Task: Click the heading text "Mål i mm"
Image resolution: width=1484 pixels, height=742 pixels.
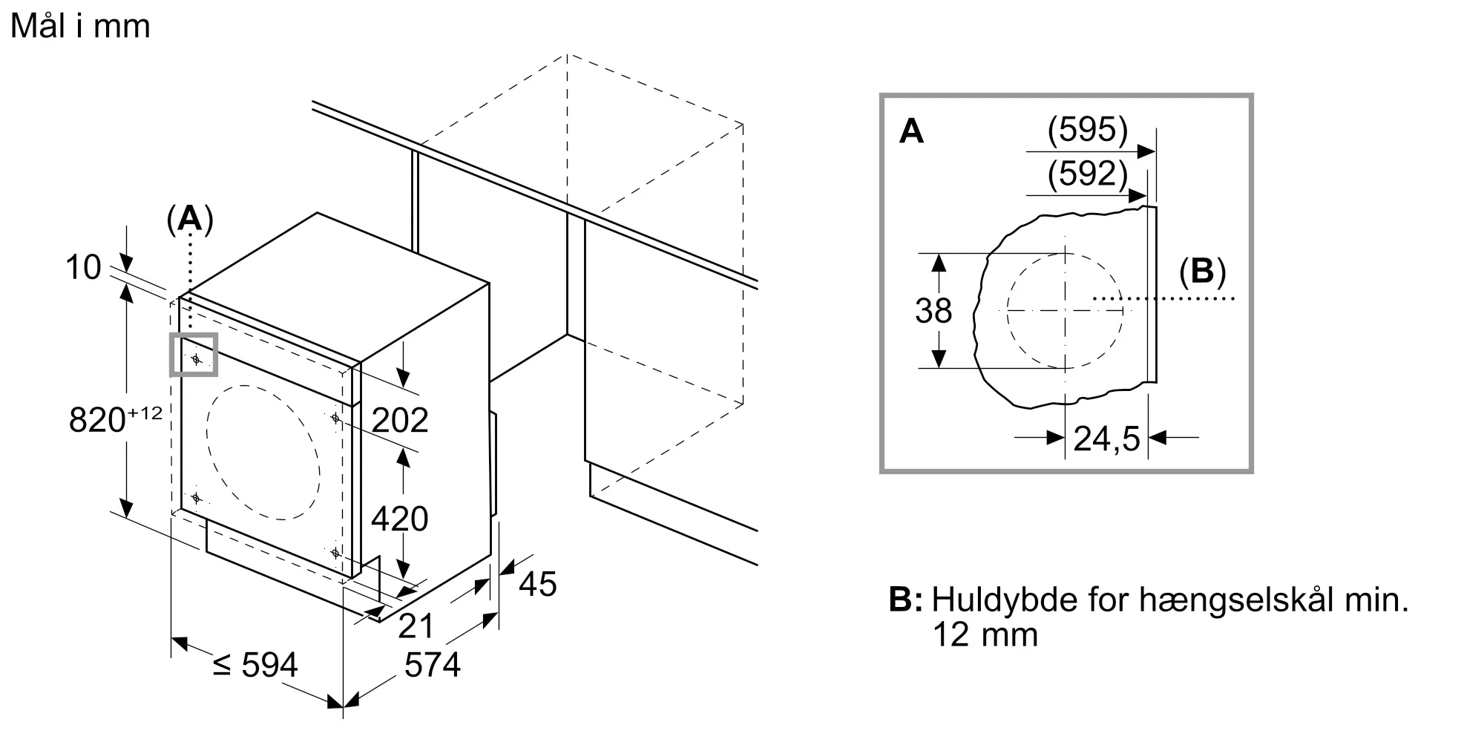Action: [80, 26]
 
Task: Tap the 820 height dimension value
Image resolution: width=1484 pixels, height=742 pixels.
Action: [97, 420]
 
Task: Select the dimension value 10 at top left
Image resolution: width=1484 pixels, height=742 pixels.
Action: [82, 267]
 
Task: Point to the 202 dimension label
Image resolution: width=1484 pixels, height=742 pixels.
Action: [400, 421]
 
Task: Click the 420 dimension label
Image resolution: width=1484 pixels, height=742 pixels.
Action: [400, 519]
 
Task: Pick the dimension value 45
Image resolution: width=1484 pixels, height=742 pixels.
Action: [538, 584]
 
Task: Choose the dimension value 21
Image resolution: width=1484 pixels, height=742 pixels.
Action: [416, 626]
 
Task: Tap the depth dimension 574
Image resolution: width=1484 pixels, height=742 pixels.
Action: [433, 665]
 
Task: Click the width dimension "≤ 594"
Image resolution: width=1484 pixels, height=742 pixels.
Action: [255, 665]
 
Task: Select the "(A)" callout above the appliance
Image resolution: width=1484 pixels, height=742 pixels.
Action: [190, 220]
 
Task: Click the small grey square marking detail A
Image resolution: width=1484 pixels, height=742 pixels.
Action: [194, 355]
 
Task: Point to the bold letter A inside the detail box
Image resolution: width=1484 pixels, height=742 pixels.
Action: [911, 131]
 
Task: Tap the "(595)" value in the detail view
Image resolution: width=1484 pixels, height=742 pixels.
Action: [1088, 131]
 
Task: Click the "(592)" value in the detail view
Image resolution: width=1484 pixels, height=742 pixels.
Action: [1088, 174]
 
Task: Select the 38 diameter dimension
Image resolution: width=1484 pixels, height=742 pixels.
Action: [933, 311]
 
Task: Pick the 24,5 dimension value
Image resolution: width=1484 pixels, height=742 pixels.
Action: [1106, 439]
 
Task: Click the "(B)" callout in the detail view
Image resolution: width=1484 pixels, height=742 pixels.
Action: [1202, 272]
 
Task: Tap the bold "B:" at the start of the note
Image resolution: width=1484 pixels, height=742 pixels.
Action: [905, 600]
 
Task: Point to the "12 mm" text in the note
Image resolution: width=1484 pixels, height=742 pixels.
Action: [985, 635]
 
